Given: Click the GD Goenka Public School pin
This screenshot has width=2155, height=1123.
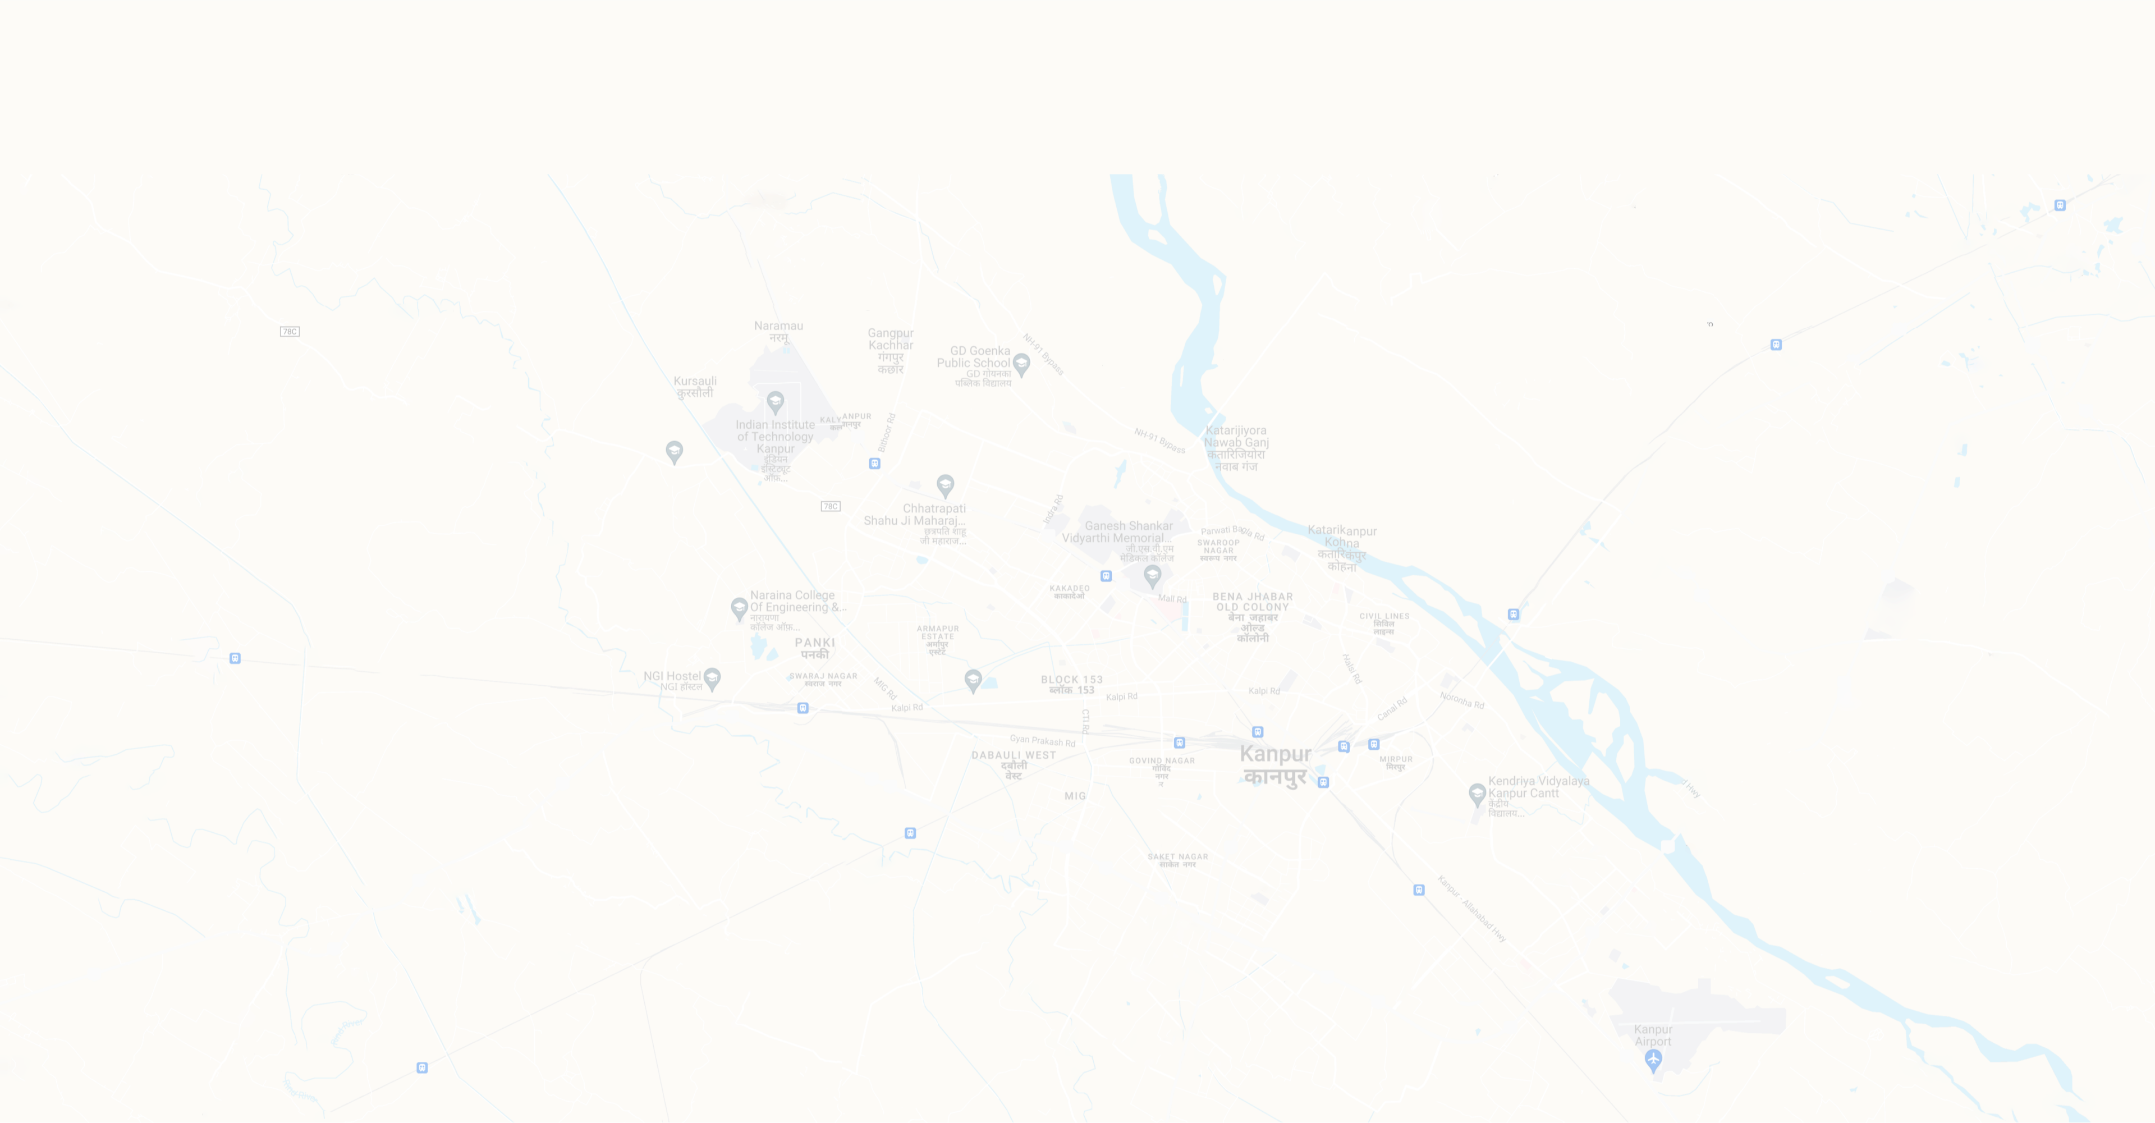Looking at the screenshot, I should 1021,364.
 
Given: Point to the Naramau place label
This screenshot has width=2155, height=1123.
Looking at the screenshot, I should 778,331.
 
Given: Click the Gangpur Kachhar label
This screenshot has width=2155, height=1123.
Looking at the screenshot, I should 890,351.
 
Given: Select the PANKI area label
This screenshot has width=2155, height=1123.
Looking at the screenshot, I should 815,648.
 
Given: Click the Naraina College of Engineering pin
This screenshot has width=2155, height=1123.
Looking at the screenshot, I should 739,608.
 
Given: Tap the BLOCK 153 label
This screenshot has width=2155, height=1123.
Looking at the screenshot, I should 1072,685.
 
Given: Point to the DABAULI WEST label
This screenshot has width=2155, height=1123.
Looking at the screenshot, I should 1013,764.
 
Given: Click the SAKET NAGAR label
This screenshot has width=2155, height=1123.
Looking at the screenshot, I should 1177,859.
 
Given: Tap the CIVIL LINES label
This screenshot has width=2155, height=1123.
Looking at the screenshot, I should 1384,622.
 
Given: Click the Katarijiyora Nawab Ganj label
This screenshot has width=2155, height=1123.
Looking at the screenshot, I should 1236,448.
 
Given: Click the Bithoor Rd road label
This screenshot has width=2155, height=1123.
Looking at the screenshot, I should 887,432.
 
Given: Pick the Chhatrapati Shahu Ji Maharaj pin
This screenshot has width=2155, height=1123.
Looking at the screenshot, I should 944,484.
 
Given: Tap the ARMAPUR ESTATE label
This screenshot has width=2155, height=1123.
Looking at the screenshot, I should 938,639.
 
